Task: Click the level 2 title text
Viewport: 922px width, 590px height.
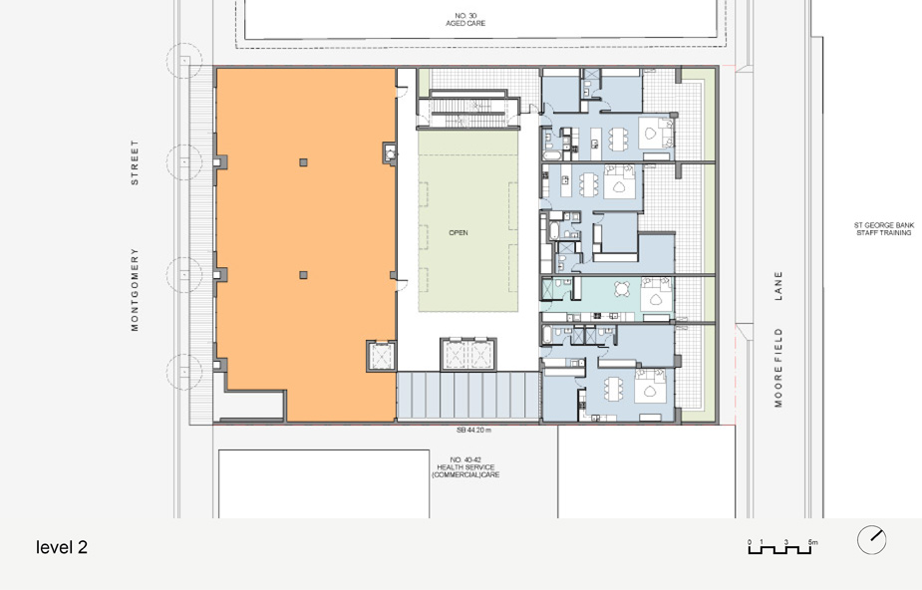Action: click(62, 547)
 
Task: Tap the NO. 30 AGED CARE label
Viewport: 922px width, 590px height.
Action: click(465, 19)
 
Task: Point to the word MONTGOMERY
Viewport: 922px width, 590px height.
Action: click(135, 289)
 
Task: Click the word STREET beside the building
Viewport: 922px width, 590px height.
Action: click(135, 162)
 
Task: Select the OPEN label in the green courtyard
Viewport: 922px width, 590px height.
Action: click(459, 232)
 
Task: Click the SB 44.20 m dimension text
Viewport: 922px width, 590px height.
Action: click(473, 431)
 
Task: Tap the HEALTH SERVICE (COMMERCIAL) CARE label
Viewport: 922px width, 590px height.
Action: click(465, 467)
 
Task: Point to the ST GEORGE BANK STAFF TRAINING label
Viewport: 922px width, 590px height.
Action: click(884, 229)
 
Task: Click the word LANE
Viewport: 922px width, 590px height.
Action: click(778, 286)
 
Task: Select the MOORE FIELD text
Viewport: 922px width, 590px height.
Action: click(778, 368)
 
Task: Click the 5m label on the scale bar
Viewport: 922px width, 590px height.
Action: click(812, 542)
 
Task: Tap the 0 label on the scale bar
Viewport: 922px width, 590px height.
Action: click(750, 542)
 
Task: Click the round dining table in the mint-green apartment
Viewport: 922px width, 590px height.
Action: click(622, 290)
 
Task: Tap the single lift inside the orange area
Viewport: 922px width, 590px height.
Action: click(381, 355)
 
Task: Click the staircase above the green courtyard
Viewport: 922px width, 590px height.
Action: click(468, 110)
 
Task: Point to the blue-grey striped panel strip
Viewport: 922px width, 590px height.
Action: click(468, 396)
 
